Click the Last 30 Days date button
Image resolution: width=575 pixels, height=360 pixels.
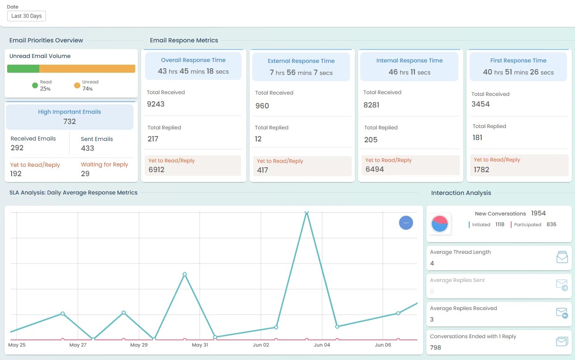tap(26, 16)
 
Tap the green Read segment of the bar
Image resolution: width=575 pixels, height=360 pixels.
tap(23, 69)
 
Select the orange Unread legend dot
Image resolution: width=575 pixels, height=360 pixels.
tap(77, 85)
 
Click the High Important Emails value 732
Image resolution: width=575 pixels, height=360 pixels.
tap(70, 121)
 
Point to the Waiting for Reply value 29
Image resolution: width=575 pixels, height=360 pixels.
tap(85, 174)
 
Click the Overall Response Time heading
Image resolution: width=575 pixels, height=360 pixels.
tap(193, 60)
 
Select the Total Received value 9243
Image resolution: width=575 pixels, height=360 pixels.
tap(156, 104)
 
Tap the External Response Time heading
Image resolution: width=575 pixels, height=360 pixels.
tap(301, 61)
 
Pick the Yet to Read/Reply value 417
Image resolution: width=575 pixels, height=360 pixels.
tap(262, 170)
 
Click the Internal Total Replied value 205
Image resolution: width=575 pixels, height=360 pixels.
tap(371, 140)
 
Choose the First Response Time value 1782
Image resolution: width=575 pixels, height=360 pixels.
tap(482, 170)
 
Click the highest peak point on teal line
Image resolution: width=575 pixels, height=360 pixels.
tap(306, 213)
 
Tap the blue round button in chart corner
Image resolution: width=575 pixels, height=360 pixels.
tap(406, 223)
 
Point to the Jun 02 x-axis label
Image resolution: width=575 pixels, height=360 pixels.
tap(261, 345)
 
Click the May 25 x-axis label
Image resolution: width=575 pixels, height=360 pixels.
tap(17, 345)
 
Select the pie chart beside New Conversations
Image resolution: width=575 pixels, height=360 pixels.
tap(440, 223)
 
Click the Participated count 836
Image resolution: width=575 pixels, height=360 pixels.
tap(551, 224)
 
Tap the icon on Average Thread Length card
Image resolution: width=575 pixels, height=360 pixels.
tap(562, 257)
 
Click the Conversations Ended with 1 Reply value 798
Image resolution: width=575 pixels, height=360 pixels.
tap(435, 348)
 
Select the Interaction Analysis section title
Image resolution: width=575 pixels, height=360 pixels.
tap(461, 193)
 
